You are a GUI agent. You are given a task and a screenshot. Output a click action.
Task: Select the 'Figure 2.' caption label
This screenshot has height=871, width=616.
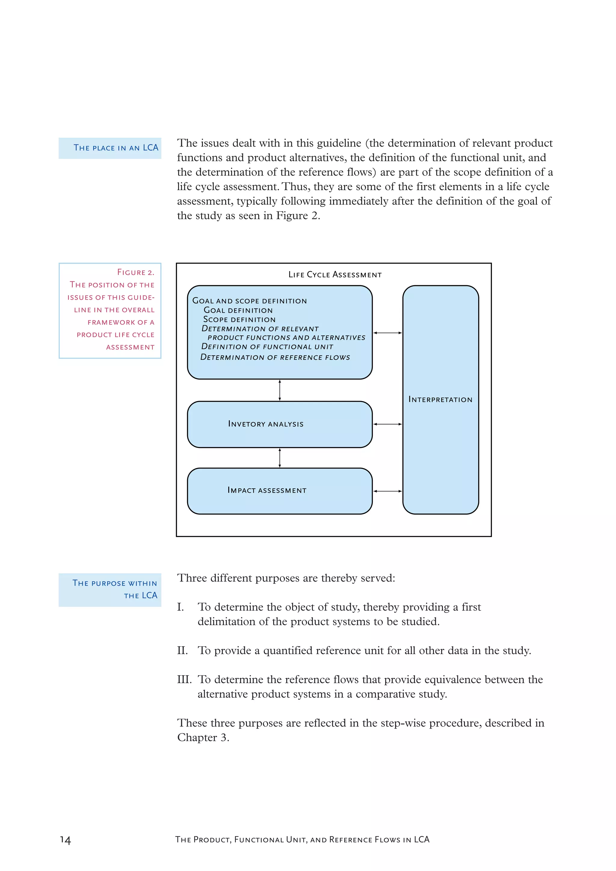[x=135, y=272]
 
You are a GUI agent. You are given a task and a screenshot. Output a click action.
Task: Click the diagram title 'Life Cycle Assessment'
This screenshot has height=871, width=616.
[x=335, y=274]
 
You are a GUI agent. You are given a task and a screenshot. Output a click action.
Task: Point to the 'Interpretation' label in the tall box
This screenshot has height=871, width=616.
[x=440, y=400]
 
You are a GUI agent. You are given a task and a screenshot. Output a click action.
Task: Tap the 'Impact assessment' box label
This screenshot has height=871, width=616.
[x=267, y=490]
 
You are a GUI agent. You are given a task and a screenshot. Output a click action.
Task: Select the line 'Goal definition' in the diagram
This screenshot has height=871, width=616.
[x=238, y=310]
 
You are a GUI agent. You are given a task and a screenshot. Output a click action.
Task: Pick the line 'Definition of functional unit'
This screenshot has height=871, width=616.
[x=267, y=346]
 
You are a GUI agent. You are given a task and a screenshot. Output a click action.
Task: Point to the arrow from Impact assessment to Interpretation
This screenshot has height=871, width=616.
[x=387, y=491]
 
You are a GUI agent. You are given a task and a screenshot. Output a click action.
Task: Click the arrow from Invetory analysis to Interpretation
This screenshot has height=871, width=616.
[x=387, y=424]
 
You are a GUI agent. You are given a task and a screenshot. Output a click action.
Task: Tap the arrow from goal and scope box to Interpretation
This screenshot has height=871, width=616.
[x=387, y=333]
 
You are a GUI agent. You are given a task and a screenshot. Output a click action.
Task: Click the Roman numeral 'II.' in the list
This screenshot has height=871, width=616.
[x=183, y=650]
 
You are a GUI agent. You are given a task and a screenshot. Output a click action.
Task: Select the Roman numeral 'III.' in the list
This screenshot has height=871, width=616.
[x=184, y=679]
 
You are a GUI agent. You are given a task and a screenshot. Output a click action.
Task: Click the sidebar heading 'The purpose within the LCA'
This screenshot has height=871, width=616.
[x=115, y=589]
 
